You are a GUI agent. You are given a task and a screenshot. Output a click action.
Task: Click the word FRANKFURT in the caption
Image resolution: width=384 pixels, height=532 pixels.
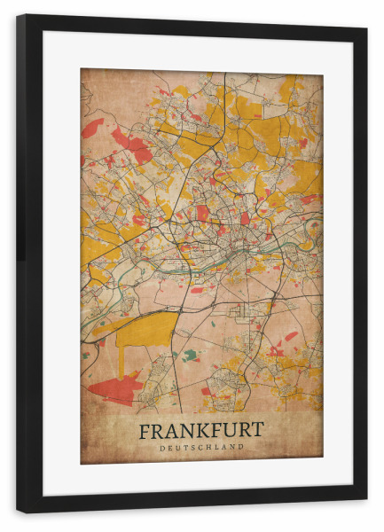(200, 430)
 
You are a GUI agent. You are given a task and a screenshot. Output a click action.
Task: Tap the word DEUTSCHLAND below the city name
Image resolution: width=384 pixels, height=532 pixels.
(201, 447)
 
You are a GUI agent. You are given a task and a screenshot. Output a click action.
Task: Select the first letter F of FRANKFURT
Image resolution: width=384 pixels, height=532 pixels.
(145, 430)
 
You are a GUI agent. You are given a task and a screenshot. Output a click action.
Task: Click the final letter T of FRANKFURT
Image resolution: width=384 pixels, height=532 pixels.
(257, 430)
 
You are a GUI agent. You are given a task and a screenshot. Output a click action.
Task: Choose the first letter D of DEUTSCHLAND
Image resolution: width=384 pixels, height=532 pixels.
(162, 447)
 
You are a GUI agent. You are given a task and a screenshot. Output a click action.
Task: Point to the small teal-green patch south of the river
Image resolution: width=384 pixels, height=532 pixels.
(190, 356)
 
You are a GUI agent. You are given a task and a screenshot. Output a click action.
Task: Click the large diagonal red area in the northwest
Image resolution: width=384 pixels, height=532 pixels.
(133, 144)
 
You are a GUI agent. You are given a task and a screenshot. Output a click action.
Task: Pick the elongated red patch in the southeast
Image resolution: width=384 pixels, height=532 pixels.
(289, 336)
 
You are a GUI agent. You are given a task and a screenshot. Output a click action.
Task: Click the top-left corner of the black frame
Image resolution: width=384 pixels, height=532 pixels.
(19, 17)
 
